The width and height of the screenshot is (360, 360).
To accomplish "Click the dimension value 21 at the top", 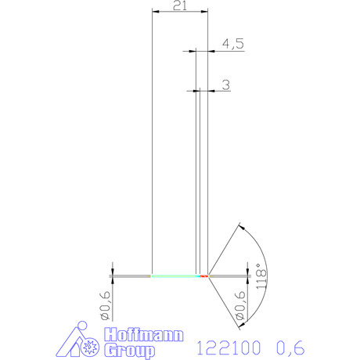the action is [x=180, y=5].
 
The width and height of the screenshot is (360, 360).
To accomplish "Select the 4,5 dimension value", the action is [x=233, y=44].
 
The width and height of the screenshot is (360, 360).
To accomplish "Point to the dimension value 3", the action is [x=226, y=85].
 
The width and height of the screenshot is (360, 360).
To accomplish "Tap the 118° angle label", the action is [x=261, y=276].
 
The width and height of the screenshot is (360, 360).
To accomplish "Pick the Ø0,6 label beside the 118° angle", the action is [x=240, y=306].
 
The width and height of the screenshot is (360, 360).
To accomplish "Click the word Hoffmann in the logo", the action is [x=144, y=334].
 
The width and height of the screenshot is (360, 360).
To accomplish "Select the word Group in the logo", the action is [x=130, y=351].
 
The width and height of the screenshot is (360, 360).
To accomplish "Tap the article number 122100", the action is [x=229, y=347].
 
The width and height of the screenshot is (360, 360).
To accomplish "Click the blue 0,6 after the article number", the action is [x=290, y=347].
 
